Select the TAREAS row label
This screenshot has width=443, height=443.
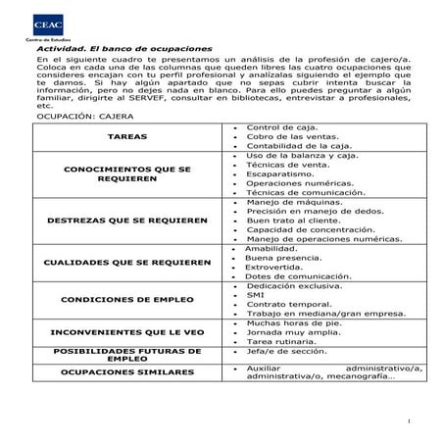126,137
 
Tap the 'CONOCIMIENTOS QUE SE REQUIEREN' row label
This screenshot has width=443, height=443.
126,174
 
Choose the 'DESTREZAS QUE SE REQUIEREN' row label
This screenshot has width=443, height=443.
126,221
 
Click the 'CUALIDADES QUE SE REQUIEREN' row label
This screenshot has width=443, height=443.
126,263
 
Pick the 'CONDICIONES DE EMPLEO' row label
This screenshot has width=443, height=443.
126,300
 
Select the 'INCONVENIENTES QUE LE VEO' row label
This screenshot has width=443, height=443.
126,332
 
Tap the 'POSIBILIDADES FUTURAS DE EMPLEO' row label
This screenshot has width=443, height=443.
126,354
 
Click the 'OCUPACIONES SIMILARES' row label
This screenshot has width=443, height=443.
126,372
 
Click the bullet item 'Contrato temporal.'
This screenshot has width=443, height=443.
286,304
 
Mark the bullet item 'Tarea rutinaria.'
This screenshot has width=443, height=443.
282,341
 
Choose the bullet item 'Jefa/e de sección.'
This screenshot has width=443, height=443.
286,350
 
